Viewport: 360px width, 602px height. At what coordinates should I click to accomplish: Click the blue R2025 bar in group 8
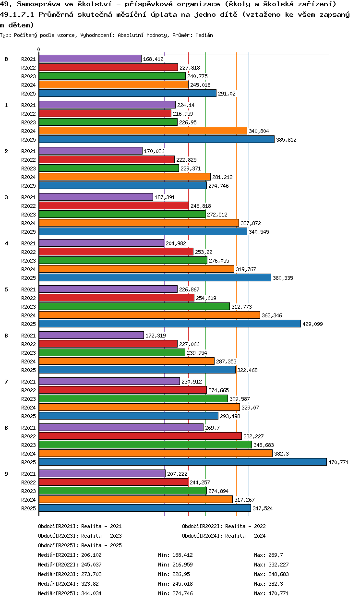(x=182, y=462)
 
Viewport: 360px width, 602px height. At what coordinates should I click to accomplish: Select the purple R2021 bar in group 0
(x=90, y=59)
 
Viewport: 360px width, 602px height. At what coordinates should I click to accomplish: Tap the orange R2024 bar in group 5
(x=149, y=315)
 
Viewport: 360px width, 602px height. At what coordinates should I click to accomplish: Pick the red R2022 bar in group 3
(x=114, y=205)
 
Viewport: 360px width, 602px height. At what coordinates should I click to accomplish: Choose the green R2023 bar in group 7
(x=133, y=398)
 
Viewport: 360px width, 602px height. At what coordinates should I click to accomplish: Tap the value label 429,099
(x=312, y=324)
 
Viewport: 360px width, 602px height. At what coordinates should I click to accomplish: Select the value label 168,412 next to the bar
(x=153, y=59)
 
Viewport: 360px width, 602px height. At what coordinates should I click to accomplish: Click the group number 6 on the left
(x=6, y=336)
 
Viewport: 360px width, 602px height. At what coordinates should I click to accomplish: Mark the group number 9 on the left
(x=6, y=474)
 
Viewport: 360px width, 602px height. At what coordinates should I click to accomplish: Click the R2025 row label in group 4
(x=28, y=278)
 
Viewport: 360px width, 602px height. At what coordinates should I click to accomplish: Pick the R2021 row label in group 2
(x=28, y=151)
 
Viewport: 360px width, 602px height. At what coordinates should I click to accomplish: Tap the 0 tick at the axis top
(x=39, y=50)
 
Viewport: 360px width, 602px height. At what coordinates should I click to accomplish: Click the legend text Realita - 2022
(x=245, y=526)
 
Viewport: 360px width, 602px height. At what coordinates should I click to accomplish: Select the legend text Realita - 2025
(x=101, y=545)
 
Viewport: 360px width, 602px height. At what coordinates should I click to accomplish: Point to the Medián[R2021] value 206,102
(x=91, y=555)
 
